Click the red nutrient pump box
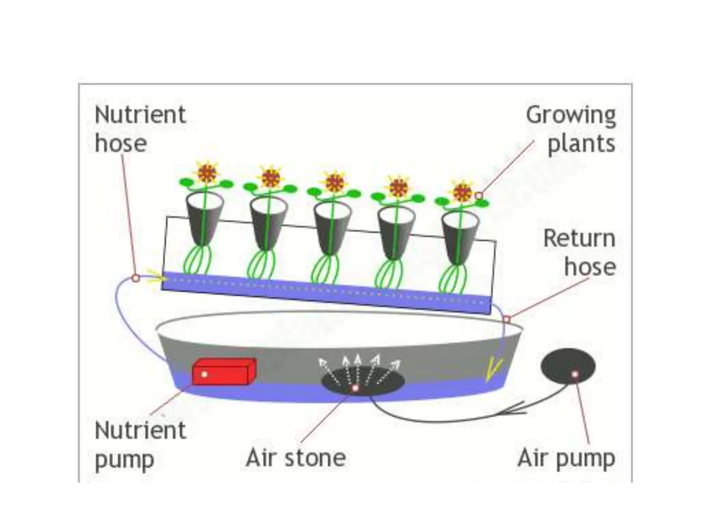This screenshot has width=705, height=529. (224, 372)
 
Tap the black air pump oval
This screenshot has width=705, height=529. (568, 366)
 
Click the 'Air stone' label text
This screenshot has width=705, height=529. (296, 458)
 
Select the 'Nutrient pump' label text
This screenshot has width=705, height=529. (140, 445)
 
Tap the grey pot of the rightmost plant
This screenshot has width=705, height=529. (460, 238)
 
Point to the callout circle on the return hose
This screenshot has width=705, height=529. (506, 319)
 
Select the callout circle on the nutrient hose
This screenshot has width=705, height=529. (136, 278)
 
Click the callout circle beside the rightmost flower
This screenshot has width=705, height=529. (478, 196)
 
